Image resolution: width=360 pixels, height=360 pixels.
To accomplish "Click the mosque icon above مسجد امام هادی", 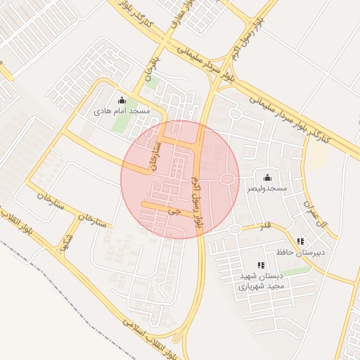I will point(122,100).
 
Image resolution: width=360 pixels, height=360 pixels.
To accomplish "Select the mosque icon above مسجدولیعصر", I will point(266,178).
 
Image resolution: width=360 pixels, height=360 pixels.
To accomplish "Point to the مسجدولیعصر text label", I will point(267,189).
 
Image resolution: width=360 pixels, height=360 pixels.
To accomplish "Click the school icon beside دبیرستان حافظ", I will point(301,241).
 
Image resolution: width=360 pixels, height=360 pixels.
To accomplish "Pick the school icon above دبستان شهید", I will point(261,265).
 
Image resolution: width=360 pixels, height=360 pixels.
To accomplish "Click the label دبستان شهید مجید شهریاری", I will point(261,281).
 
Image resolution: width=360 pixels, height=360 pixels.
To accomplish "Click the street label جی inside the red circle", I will point(175,210).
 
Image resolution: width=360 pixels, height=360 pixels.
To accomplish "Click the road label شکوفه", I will point(67,240).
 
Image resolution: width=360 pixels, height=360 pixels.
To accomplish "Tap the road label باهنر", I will point(150,69).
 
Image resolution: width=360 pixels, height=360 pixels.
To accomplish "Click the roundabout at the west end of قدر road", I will point(235,229).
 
